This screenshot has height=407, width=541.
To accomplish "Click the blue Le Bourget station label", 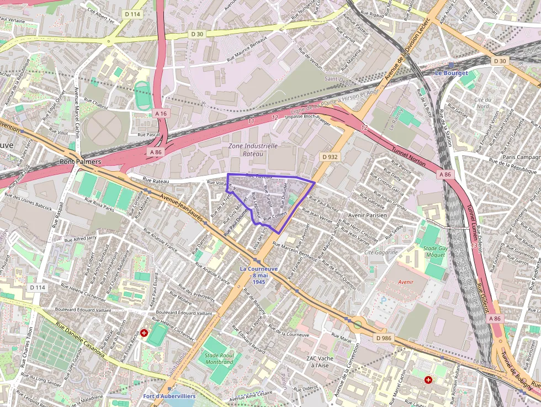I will point(451,73).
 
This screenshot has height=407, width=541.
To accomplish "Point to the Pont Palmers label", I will point(81,162).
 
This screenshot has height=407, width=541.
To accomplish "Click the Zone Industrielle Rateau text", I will point(253,150).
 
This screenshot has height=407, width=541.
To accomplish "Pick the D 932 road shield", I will point(330,157).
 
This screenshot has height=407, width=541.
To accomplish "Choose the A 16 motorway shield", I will point(161,113).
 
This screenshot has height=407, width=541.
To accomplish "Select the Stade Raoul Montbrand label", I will point(219,358).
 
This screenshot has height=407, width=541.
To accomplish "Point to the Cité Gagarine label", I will point(381,252).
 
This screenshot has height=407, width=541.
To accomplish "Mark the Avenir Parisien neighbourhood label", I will point(367,215).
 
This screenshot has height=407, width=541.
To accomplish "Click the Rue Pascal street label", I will point(148,134).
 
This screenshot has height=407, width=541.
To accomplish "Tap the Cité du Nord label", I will point(482,103).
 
